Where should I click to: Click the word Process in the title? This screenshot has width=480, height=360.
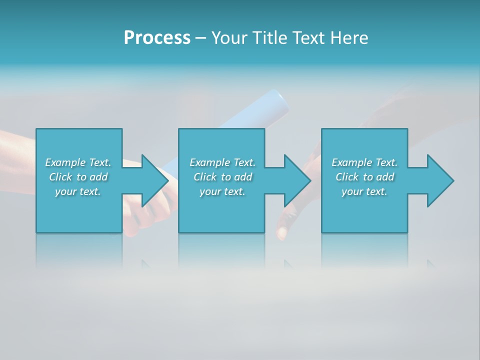[x=157, y=38]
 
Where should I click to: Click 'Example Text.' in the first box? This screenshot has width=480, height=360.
[x=78, y=162]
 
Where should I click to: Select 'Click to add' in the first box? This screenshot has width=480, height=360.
[x=78, y=177]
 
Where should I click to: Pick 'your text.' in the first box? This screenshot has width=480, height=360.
[x=78, y=191]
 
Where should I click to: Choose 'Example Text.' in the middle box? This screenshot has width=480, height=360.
[x=222, y=162]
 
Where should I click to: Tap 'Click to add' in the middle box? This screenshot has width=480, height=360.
[x=222, y=177]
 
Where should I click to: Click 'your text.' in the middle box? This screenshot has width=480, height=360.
[x=222, y=191]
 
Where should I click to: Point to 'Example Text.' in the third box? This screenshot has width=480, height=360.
[x=364, y=162]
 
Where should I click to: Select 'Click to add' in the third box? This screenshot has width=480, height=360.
[x=364, y=177]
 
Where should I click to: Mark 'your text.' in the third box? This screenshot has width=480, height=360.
[x=364, y=191]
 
